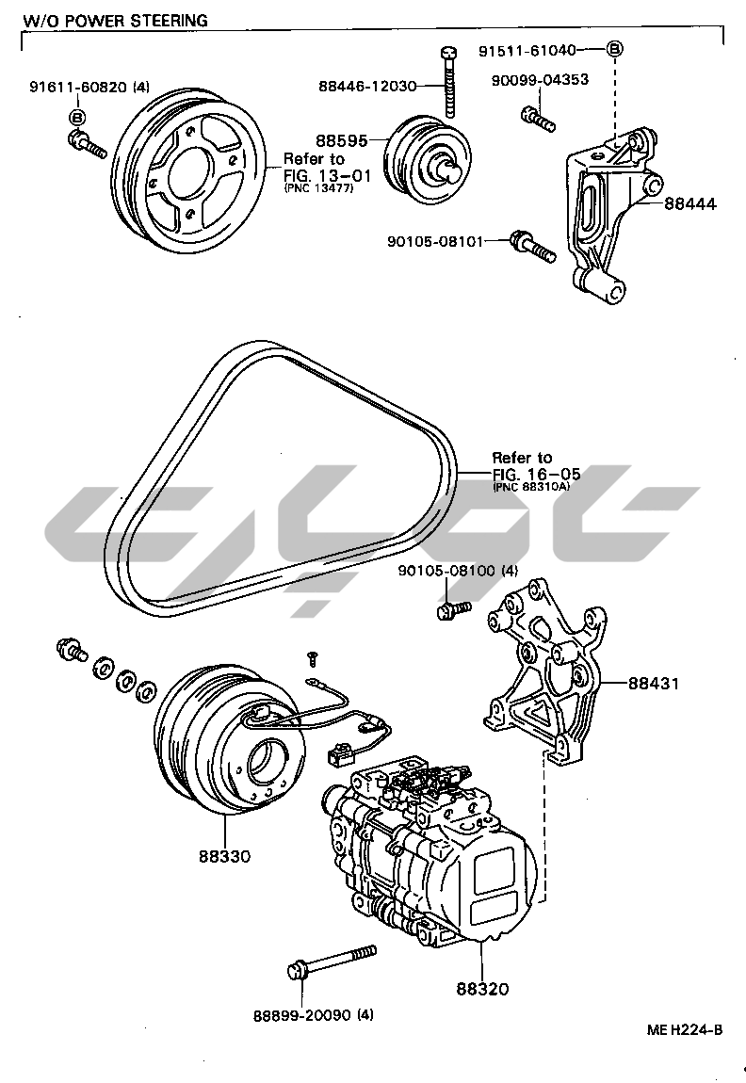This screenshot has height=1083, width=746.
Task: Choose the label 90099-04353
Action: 540,80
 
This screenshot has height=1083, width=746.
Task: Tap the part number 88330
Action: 224,856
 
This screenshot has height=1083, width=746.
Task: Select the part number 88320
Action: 482,989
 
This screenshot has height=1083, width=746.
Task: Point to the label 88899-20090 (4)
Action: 313,1014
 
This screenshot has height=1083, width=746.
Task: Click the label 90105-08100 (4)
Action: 458,570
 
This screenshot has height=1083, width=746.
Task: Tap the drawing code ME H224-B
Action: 685,1029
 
